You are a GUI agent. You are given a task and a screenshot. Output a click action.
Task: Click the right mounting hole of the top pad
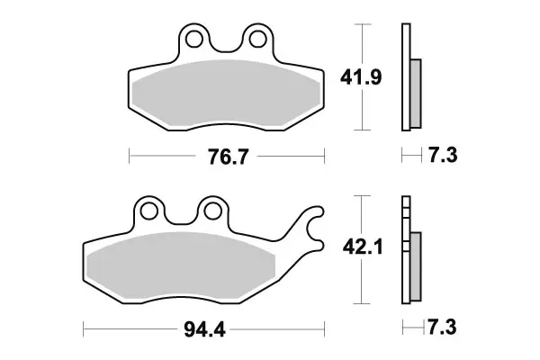[258, 40]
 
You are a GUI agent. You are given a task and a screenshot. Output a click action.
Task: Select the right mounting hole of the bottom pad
[212, 211]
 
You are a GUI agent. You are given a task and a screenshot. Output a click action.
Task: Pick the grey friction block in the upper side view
[416, 93]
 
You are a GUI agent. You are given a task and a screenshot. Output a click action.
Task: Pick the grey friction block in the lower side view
[416, 266]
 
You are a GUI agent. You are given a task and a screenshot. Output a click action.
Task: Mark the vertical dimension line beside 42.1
[362, 288]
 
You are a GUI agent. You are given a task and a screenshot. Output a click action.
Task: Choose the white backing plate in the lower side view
[406, 252]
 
